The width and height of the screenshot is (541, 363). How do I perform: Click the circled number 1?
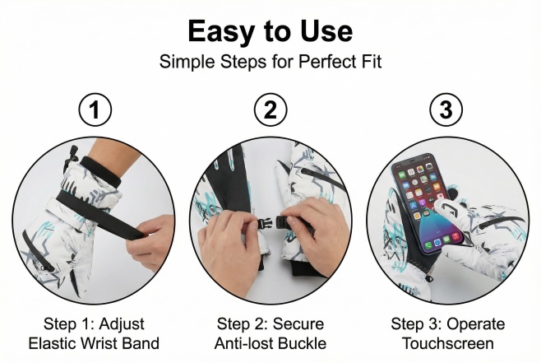point(95,109)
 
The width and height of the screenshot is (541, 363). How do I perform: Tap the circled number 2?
point(270,109)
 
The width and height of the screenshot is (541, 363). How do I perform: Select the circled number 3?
point(446,109)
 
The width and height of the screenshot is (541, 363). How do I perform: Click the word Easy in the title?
point(221,31)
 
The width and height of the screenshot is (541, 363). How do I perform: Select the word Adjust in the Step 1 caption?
point(122,324)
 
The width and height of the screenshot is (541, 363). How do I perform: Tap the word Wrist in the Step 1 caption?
point(100,343)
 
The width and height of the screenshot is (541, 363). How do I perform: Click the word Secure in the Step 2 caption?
point(298,324)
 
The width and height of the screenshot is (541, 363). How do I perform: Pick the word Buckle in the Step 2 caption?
point(302,343)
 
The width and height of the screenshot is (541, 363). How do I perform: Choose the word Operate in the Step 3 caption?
point(476,324)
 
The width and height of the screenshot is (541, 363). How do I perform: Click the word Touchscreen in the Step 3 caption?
point(448,343)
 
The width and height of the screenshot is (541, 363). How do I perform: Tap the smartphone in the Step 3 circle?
point(428,204)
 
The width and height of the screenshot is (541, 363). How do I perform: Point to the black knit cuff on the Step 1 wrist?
point(101,171)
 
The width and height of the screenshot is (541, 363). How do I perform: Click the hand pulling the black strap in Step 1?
point(150,240)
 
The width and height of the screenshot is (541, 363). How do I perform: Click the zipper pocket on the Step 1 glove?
point(37,251)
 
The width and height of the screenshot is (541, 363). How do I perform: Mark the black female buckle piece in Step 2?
point(284,221)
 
